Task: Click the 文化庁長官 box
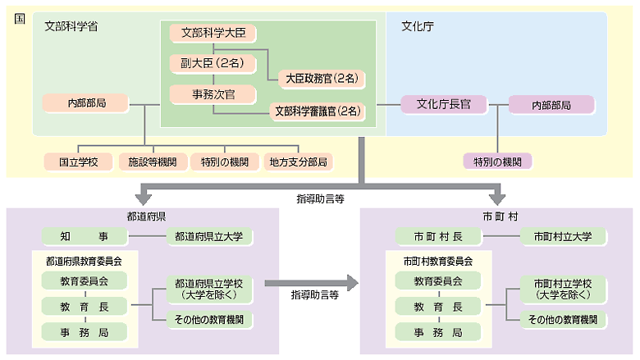pos(444,104)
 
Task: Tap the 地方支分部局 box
pos(298,162)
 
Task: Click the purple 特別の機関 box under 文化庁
pos(497,162)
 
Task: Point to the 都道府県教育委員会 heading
pos(82,261)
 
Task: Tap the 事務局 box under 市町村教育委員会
pos(437,332)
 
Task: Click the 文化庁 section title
pos(417,26)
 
